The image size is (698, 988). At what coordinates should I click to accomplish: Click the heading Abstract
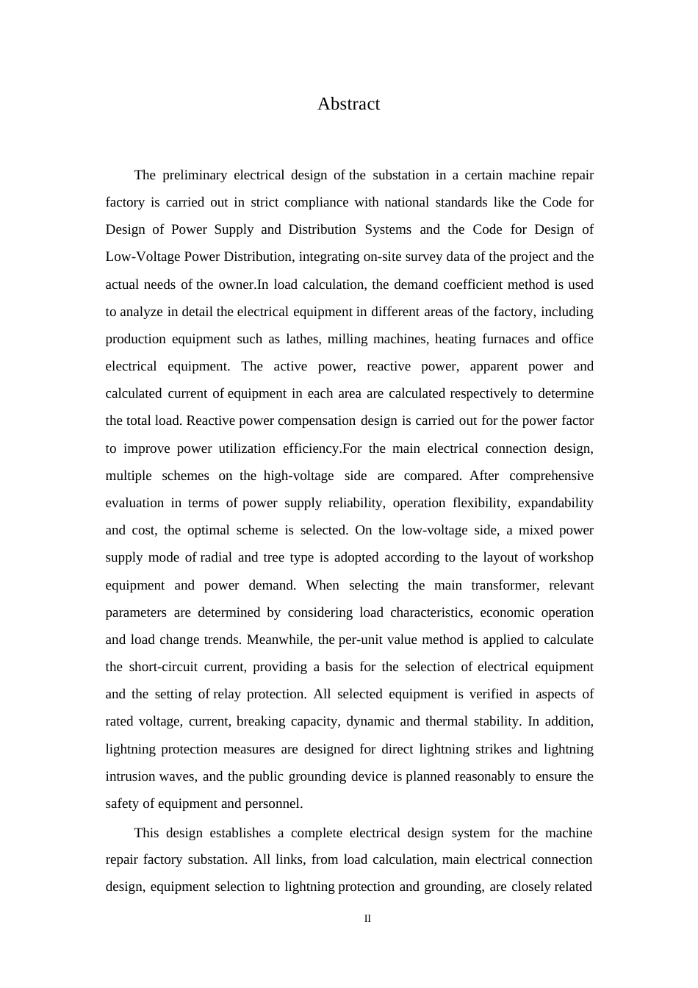348,104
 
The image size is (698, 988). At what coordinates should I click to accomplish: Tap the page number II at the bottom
367,919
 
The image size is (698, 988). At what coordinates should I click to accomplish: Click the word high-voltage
298,476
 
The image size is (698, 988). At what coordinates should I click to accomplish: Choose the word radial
216,557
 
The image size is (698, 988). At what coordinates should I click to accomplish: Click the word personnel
276,803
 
